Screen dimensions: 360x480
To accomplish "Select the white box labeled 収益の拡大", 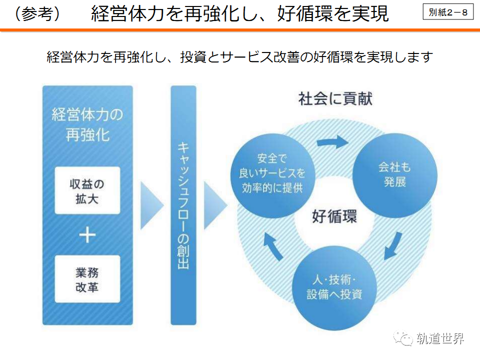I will point(87,190).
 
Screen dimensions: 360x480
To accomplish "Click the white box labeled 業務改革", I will point(87,279).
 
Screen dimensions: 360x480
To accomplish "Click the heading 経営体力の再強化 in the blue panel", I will point(87,125).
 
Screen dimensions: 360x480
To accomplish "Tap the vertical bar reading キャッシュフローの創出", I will point(183,205).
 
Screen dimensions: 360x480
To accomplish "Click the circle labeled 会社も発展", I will point(394,174).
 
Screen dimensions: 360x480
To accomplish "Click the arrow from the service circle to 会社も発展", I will point(333,141).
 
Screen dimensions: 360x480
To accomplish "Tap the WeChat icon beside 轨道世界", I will point(404,339).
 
